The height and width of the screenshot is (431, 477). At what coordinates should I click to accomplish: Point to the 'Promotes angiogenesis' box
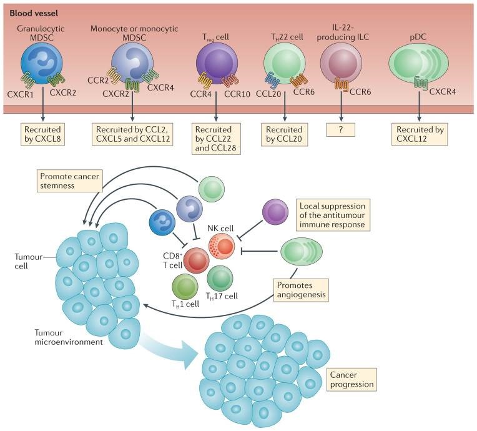tap(299, 289)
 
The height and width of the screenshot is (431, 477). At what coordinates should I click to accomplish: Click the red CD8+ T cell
tap(195, 260)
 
